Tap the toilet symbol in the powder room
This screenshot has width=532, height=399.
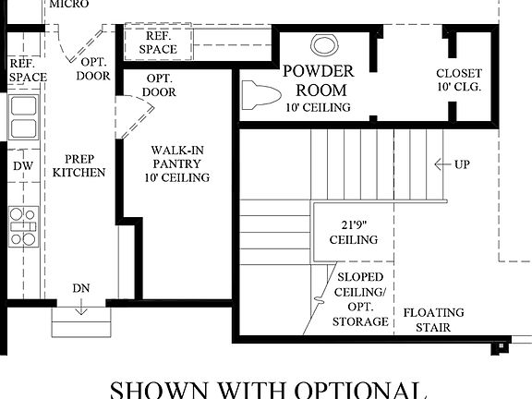(261, 94)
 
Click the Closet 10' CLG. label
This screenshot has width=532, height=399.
(459, 80)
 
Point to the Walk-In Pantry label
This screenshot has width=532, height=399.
(177, 163)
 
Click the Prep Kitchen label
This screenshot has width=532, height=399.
(79, 165)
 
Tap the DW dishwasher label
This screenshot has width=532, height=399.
(22, 166)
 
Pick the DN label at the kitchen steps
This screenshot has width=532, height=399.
(81, 289)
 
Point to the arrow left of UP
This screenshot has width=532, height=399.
(441, 164)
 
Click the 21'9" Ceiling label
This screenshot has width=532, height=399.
(354, 231)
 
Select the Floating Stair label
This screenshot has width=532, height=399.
(434, 320)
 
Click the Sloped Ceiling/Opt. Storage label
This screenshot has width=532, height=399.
(360, 298)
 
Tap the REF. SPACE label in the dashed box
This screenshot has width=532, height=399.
(158, 42)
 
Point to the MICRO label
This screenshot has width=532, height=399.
(69, 5)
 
